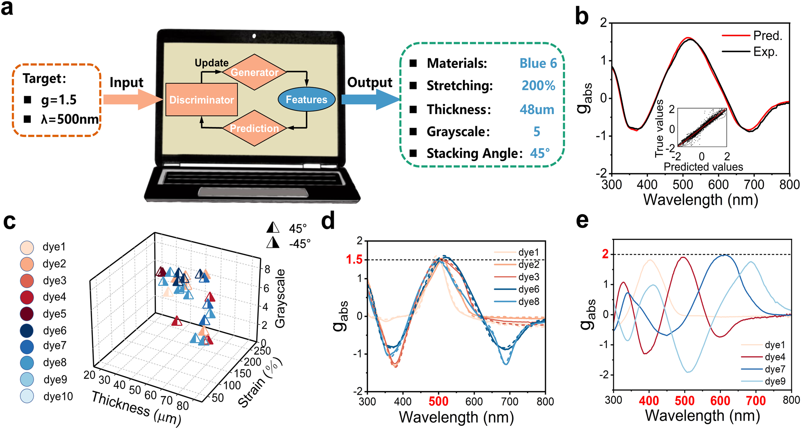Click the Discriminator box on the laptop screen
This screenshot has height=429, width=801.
[201, 100]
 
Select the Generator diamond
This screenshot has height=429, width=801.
[254, 72]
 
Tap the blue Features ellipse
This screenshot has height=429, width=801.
[306, 99]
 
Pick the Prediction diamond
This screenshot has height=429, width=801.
[254, 128]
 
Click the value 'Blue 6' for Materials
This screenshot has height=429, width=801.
[538, 63]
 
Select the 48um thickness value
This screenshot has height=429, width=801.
[537, 109]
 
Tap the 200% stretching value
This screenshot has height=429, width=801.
[538, 86]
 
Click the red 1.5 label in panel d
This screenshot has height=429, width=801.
[354, 260]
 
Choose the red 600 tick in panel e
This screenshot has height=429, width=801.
[720, 401]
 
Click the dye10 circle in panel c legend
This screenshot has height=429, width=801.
[27, 396]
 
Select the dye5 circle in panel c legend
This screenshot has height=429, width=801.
[27, 314]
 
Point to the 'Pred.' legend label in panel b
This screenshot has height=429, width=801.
[767, 36]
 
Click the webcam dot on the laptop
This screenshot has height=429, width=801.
[254, 36]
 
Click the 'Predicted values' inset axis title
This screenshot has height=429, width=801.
[703, 167]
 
